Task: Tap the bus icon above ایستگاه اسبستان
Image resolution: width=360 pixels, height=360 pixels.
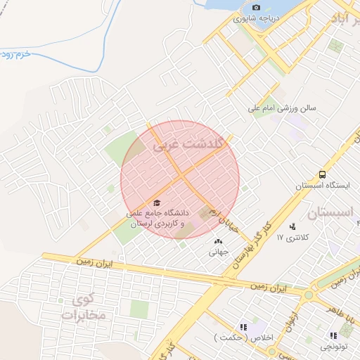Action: [x=321, y=174]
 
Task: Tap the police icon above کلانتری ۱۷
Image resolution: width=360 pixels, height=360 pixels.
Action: [x=292, y=226]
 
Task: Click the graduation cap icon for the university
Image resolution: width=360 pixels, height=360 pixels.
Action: [x=155, y=202]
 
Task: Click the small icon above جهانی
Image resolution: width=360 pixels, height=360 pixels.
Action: [x=217, y=242]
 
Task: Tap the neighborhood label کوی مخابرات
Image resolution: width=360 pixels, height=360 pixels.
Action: [x=82, y=308]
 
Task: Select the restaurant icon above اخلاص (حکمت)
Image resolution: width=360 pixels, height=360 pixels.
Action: [x=243, y=327]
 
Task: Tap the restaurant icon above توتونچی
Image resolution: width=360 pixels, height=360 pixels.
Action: [x=332, y=336]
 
